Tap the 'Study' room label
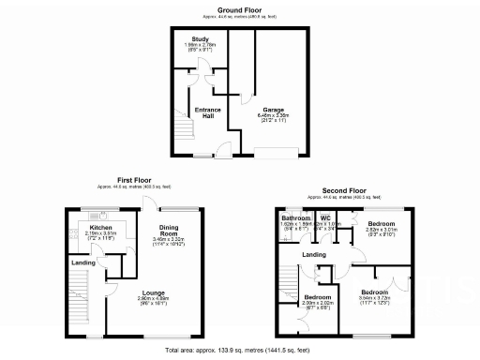click(x=201, y=39)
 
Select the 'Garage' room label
click(x=274, y=109)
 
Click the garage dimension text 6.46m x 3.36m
click(x=274, y=115)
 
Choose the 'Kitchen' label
click(x=101, y=227)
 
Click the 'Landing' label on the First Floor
click(x=84, y=262)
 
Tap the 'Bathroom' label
click(x=296, y=218)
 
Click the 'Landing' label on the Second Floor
click(x=314, y=254)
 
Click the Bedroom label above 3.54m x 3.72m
click(x=375, y=292)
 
